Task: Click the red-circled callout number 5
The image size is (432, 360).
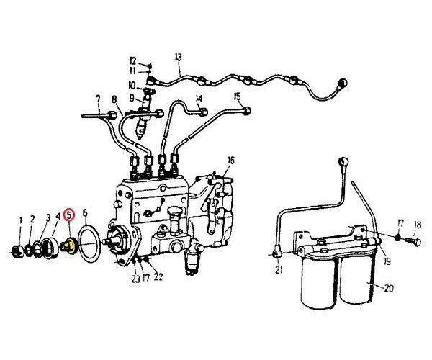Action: [x=69, y=215]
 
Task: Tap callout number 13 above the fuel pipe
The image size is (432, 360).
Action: [x=179, y=58]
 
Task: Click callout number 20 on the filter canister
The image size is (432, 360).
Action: [x=389, y=288]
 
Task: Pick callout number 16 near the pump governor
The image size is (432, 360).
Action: [x=231, y=161]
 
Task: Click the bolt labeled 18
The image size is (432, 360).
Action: [x=413, y=242]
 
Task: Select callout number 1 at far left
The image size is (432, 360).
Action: [x=21, y=220]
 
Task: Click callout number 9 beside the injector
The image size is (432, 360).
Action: [x=132, y=98]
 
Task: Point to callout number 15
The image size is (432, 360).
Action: [x=237, y=96]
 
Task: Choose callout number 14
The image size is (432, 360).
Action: [x=199, y=98]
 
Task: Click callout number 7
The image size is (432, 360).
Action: [x=98, y=99]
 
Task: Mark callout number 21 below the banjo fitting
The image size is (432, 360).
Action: [x=279, y=270]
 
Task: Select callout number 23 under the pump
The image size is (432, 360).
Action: [x=135, y=279]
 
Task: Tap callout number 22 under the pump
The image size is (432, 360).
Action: [x=158, y=276]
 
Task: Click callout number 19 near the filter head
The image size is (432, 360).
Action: [x=387, y=261]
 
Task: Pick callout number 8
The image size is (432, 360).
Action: [x=114, y=99]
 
